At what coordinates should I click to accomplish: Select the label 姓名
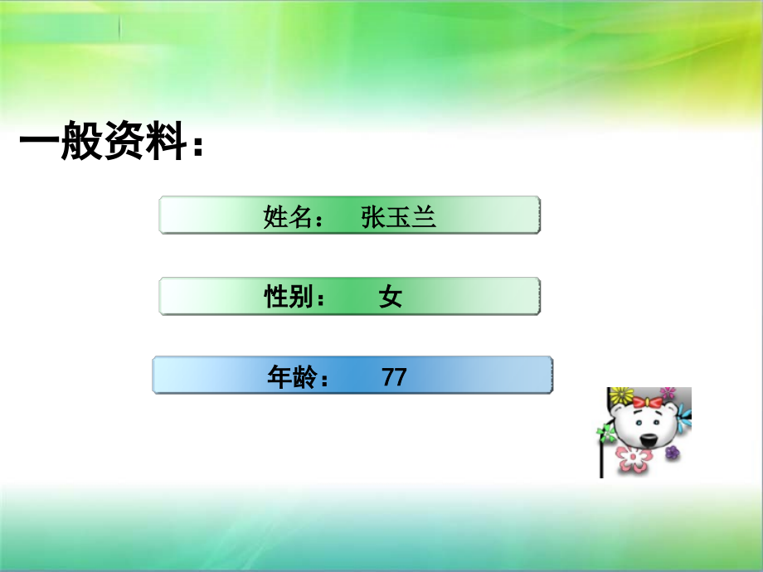[287, 217]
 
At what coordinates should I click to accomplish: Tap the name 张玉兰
[398, 217]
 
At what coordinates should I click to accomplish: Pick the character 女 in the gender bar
[391, 297]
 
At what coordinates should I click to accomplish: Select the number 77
[395, 377]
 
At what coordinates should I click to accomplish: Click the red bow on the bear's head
[648, 402]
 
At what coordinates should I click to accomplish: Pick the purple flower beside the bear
[672, 452]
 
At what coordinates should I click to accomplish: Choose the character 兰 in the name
[424, 217]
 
